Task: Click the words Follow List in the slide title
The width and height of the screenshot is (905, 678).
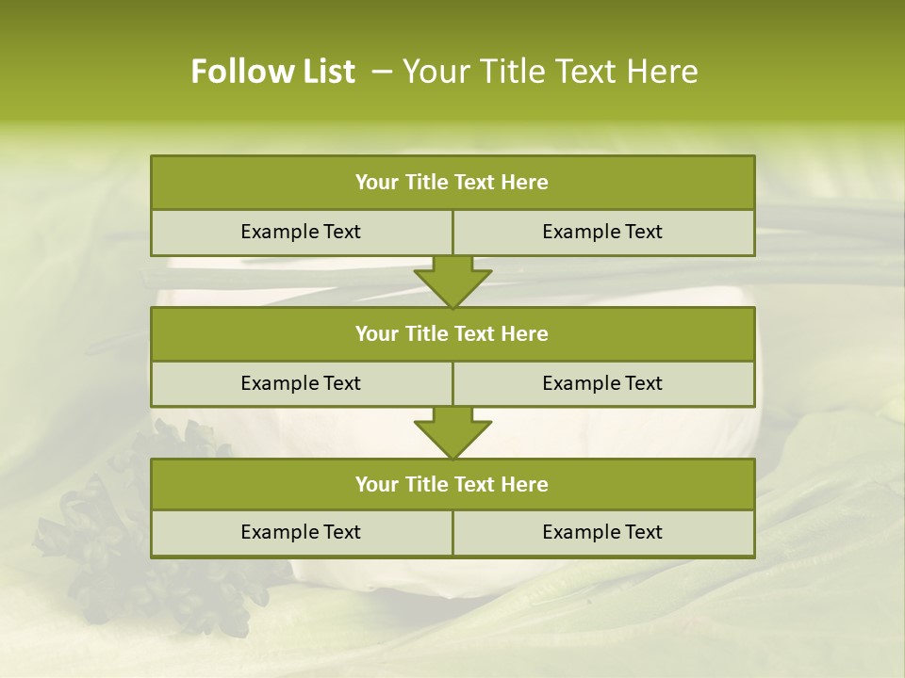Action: (272, 72)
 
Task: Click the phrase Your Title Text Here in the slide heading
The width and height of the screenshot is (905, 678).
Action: (550, 72)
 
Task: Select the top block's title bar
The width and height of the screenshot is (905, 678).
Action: (452, 183)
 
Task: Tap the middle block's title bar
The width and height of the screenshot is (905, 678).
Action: (452, 333)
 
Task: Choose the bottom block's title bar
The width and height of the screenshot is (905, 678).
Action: (452, 484)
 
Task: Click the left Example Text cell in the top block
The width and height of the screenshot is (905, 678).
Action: (301, 232)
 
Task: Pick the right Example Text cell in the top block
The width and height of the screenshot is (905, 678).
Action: (602, 232)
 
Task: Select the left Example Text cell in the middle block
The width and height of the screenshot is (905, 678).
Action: (301, 383)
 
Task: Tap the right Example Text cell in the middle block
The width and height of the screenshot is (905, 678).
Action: (602, 383)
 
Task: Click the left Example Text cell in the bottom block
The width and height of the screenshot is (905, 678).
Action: (301, 532)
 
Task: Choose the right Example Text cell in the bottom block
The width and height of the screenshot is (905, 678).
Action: (602, 532)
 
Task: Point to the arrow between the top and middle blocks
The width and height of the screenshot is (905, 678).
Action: (452, 282)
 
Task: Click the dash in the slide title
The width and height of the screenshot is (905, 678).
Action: (382, 72)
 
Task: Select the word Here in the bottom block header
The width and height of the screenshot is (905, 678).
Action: (525, 484)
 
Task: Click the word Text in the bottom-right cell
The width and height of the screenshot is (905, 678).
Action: (642, 532)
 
